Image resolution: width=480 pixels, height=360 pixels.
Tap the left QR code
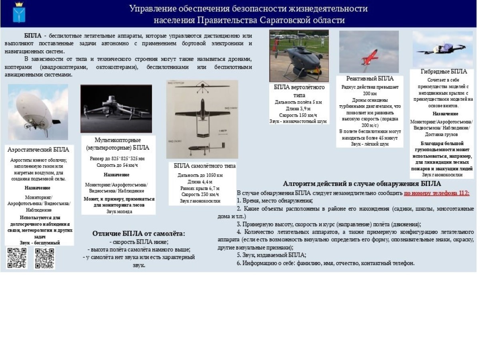[17, 258]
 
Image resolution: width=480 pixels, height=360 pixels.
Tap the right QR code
[44, 258]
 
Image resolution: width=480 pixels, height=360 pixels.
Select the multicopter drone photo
[116, 108]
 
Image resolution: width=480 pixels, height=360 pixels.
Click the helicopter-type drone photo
[299, 56]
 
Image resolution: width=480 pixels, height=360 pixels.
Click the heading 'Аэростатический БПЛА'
[38, 150]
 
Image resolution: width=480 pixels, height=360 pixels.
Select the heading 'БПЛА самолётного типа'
[204, 166]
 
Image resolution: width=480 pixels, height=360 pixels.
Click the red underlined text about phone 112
[436, 193]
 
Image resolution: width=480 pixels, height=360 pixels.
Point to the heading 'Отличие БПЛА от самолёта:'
[138, 234]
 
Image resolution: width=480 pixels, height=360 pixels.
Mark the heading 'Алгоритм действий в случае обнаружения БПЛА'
[362, 184]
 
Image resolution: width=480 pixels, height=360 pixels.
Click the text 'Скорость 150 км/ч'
[298, 115]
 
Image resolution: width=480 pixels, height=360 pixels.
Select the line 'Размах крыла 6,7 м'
[200, 188]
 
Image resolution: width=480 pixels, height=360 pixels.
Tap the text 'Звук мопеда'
[119, 212]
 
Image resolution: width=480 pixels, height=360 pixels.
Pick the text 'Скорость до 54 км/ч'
[117, 165]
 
